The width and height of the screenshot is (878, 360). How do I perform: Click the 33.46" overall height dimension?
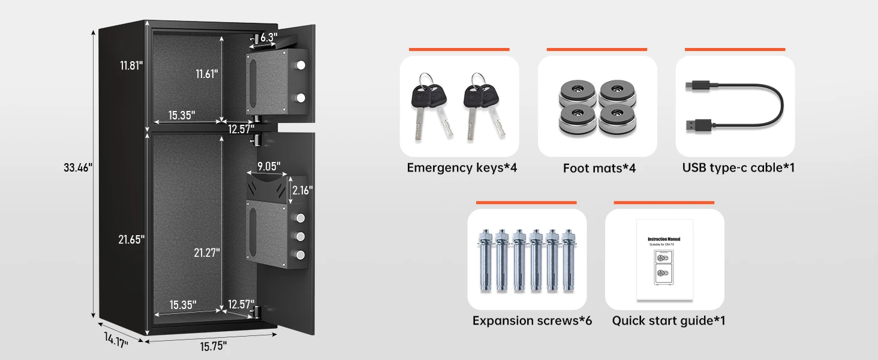click(x=77, y=168)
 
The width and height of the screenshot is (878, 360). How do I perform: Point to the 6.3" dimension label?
click(x=269, y=38)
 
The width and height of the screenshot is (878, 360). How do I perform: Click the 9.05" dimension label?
click(x=269, y=165)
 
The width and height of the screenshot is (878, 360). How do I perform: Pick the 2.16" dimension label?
click(x=302, y=190)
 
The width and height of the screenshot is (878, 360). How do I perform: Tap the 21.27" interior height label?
click(x=206, y=253)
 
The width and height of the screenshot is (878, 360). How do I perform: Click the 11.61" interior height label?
click(x=206, y=74)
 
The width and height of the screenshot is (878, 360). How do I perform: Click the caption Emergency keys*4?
click(x=462, y=168)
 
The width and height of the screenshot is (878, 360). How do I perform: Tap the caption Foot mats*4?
click(x=599, y=168)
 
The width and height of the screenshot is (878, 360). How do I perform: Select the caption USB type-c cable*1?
click(x=738, y=168)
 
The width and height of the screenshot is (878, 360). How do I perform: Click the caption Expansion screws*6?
click(x=532, y=320)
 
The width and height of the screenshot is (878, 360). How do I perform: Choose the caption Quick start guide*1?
click(x=669, y=320)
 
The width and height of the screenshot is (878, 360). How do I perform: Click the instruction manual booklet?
click(x=664, y=259)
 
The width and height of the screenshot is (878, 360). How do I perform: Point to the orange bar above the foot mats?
click(x=597, y=49)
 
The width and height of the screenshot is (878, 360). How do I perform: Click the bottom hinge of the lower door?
click(x=258, y=312)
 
